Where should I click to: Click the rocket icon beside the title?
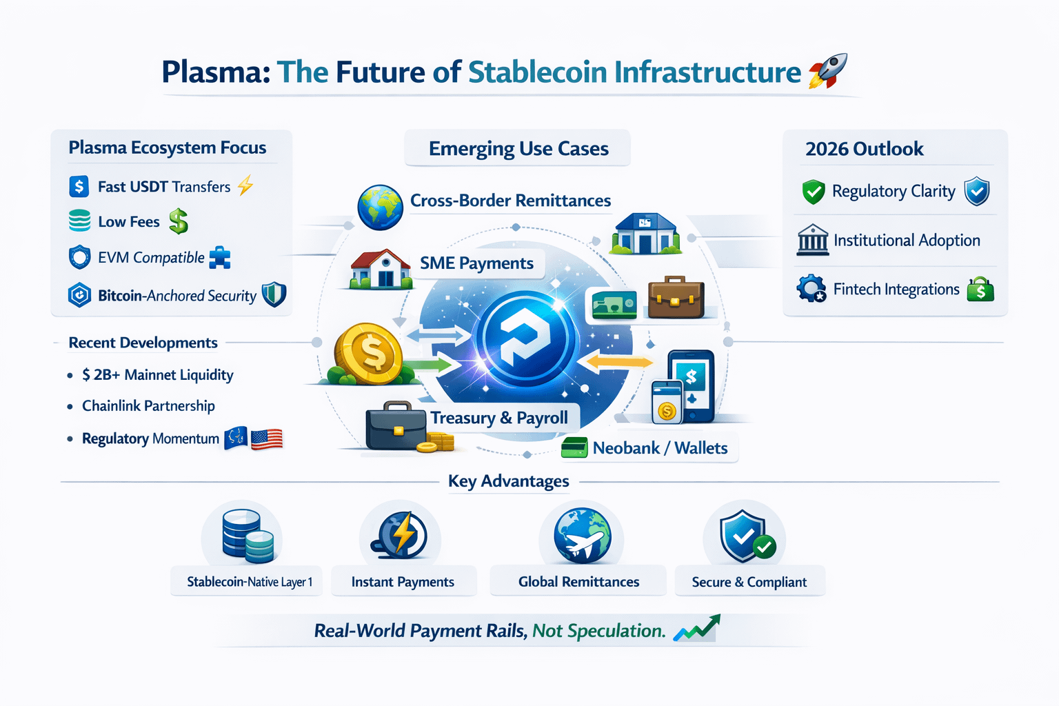827,71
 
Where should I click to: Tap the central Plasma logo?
526,338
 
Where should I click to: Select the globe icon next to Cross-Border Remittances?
380,207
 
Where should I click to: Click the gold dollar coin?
368,353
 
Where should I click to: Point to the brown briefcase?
676,297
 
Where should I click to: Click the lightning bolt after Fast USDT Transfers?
245,185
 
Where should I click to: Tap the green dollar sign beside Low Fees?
179,221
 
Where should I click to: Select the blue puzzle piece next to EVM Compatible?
220,258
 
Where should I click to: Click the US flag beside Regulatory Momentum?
267,438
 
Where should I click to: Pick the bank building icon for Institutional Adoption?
812,240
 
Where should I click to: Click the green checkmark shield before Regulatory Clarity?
814,192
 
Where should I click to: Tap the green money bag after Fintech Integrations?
980,290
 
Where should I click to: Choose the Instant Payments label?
403,582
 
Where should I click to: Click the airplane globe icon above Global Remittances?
582,536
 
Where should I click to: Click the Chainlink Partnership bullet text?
148,406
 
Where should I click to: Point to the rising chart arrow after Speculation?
697,628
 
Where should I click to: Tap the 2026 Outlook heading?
864,149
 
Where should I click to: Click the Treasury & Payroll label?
499,418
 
